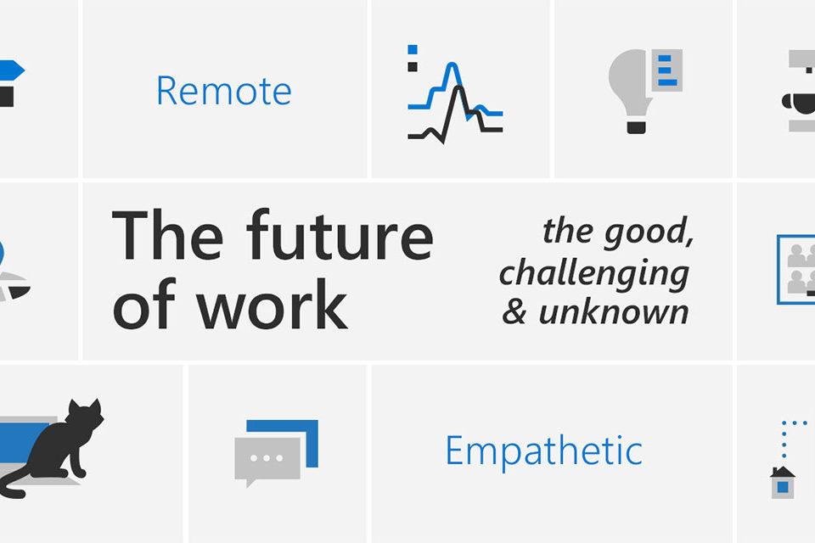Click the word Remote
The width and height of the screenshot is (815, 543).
click(224, 91)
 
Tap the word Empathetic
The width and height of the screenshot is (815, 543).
click(544, 451)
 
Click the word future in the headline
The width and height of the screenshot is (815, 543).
click(340, 234)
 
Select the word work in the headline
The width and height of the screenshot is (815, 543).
click(272, 304)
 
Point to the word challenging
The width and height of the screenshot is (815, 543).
click(594, 273)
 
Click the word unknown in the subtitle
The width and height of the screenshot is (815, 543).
click(614, 313)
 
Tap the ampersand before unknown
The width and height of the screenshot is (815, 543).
click(514, 313)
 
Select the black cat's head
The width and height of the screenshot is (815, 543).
click(87, 414)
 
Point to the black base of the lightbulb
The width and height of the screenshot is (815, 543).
click(636, 126)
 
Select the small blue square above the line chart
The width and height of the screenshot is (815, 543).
click(413, 50)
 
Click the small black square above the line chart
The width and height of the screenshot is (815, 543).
click(413, 67)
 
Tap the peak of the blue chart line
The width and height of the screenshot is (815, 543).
click(452, 64)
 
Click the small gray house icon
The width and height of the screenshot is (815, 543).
click(783, 483)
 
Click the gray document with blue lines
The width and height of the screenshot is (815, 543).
click(667, 70)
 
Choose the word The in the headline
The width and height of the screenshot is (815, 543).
click(167, 234)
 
